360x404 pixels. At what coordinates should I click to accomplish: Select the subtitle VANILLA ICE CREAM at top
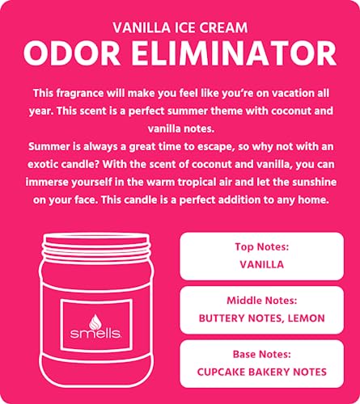click(180, 24)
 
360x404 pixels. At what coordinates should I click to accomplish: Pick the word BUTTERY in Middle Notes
click(224, 318)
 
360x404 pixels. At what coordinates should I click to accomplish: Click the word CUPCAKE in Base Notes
click(222, 372)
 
